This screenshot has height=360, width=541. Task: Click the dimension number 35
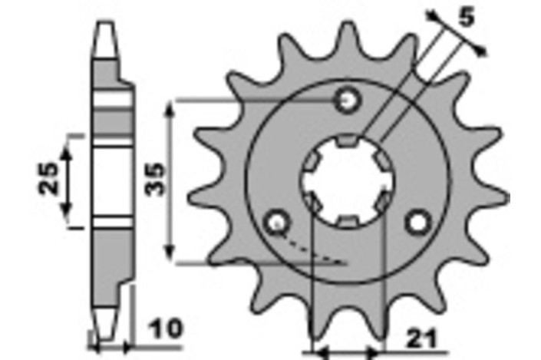(x=154, y=180)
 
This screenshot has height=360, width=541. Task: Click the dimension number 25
(x=48, y=178)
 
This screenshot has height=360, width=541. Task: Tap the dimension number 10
(x=167, y=329)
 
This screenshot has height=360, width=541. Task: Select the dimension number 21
(x=421, y=339)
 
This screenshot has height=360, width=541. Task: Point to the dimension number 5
(x=466, y=17)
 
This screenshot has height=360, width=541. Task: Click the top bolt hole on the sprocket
(x=348, y=100)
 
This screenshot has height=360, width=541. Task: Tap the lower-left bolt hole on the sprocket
(x=277, y=223)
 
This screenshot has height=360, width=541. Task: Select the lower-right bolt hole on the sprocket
(x=418, y=223)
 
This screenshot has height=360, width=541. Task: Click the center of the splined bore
(x=348, y=181)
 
